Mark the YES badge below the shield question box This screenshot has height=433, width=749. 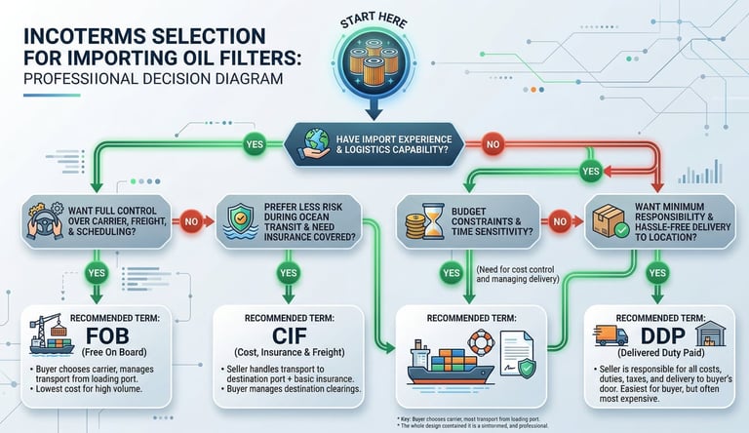pyautogui.click(x=288, y=273)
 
